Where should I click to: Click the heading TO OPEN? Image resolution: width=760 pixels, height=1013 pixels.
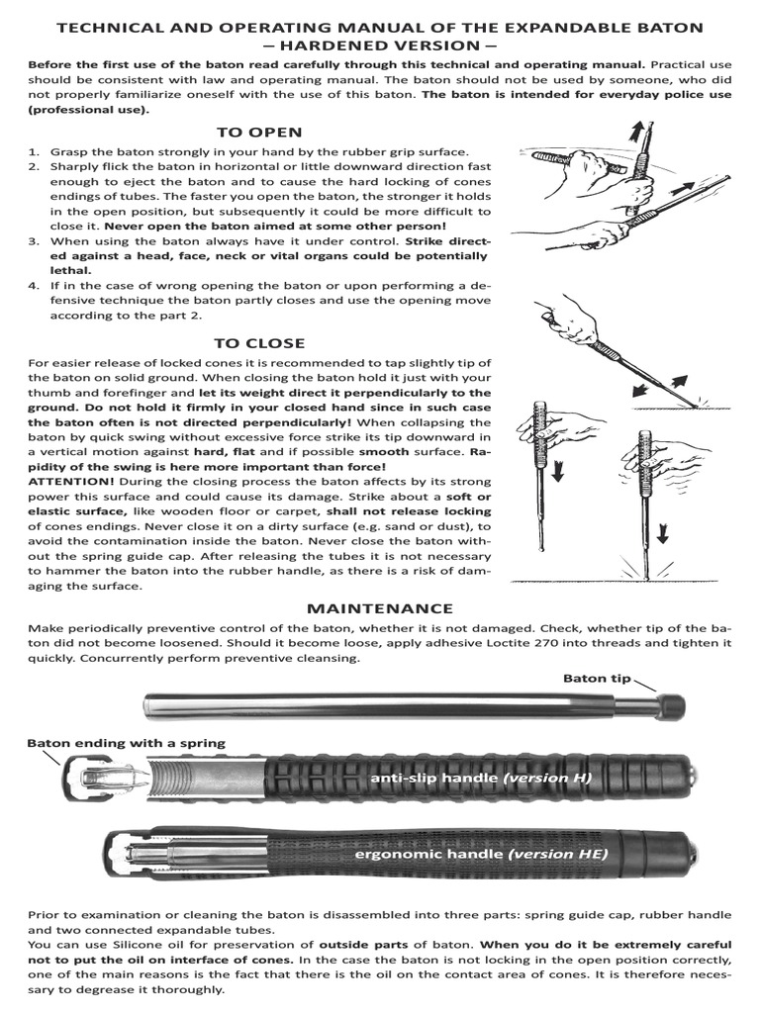[x=259, y=133]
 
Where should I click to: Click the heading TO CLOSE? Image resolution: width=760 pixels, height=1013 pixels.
[x=259, y=343]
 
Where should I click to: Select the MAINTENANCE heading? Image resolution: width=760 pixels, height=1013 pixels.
[x=379, y=608]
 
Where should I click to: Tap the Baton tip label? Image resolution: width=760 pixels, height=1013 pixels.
[x=596, y=678]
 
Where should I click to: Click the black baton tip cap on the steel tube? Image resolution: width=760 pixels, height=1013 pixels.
[x=672, y=705]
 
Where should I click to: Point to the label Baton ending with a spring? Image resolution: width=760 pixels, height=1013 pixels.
[x=126, y=742]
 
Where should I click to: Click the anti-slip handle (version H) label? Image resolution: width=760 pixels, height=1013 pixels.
[x=480, y=778]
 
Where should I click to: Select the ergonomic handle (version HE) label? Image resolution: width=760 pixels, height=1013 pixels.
[x=481, y=852]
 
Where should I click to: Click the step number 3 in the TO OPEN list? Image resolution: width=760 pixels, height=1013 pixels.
[x=33, y=240]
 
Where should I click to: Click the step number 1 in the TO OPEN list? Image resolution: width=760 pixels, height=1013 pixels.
[x=33, y=151]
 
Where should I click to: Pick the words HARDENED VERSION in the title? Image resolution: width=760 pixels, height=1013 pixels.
[x=380, y=45]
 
